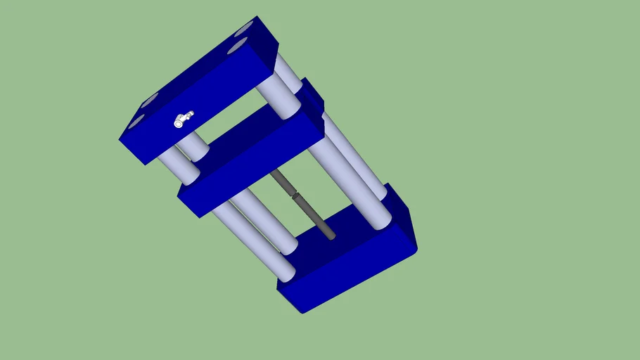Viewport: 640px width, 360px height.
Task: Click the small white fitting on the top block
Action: point(183,120)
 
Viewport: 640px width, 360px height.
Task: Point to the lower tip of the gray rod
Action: point(331,236)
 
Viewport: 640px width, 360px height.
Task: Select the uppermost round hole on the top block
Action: point(244,30)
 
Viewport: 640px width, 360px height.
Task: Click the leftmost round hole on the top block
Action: point(135,123)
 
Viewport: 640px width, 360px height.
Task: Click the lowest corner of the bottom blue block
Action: point(303,312)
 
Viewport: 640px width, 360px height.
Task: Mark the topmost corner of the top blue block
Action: point(256,16)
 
